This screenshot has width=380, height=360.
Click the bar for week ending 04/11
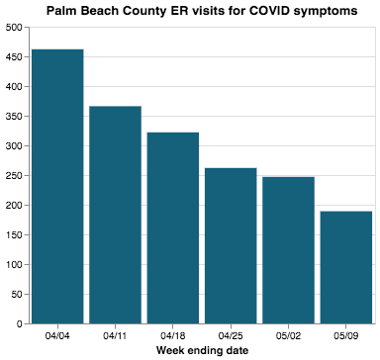(115, 215)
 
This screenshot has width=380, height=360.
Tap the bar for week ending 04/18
(173, 227)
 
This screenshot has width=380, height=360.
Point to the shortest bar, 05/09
(345, 267)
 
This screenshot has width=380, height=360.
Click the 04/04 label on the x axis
(57, 335)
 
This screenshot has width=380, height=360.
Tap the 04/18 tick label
(173, 335)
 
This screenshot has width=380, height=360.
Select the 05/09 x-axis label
(345, 335)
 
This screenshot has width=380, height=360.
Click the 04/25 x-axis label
(231, 335)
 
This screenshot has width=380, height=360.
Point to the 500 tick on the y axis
(15, 28)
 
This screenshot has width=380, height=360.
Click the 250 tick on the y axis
(15, 176)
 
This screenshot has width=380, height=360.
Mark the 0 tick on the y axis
(21, 323)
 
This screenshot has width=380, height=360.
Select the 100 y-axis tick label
(15, 265)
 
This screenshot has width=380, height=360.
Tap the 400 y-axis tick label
(15, 87)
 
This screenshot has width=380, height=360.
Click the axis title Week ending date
(202, 350)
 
